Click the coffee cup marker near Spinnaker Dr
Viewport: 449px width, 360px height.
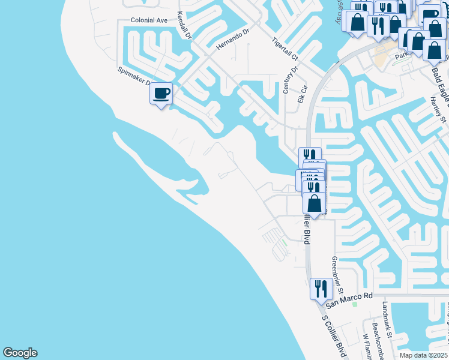(161, 94)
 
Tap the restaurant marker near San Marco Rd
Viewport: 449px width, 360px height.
(321, 289)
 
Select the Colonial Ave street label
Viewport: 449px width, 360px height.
(149, 20)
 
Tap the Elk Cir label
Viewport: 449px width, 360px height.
(302, 94)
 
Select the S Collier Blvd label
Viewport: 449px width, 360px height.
(333, 336)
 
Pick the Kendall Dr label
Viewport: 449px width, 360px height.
(184, 26)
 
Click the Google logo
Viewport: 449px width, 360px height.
(20, 353)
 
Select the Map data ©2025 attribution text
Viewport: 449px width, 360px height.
(423, 355)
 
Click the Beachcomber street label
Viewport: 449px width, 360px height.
(375, 339)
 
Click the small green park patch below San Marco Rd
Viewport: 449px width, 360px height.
(355, 304)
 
